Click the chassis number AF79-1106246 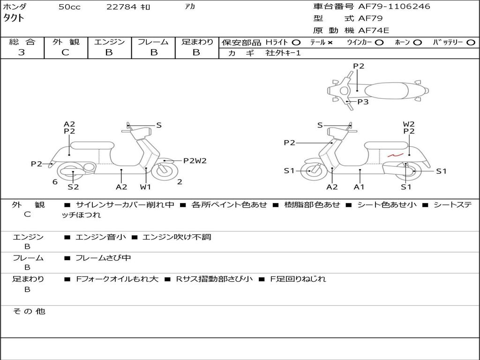point(394,7)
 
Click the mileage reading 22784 point(121,7)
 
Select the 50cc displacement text point(69,7)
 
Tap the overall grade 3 point(22,52)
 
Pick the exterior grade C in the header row point(65,52)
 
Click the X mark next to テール point(330,43)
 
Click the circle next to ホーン point(417,43)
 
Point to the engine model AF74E point(374,30)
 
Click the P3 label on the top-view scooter point(363,102)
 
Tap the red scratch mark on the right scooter point(396,155)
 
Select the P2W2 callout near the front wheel point(195,161)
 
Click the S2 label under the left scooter point(73,187)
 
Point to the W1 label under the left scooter point(145,187)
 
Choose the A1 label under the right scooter point(359,187)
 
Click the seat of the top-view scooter point(386,91)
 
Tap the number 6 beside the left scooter point(55,182)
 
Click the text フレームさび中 point(103,258)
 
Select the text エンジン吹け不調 point(177,237)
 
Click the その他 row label point(29,311)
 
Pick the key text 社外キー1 point(283,53)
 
